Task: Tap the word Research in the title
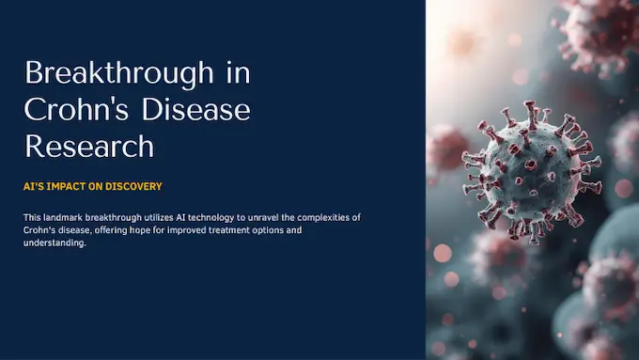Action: (89, 146)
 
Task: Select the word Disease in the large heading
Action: (196, 110)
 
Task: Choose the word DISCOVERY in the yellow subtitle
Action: (134, 187)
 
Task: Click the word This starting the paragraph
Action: (33, 218)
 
